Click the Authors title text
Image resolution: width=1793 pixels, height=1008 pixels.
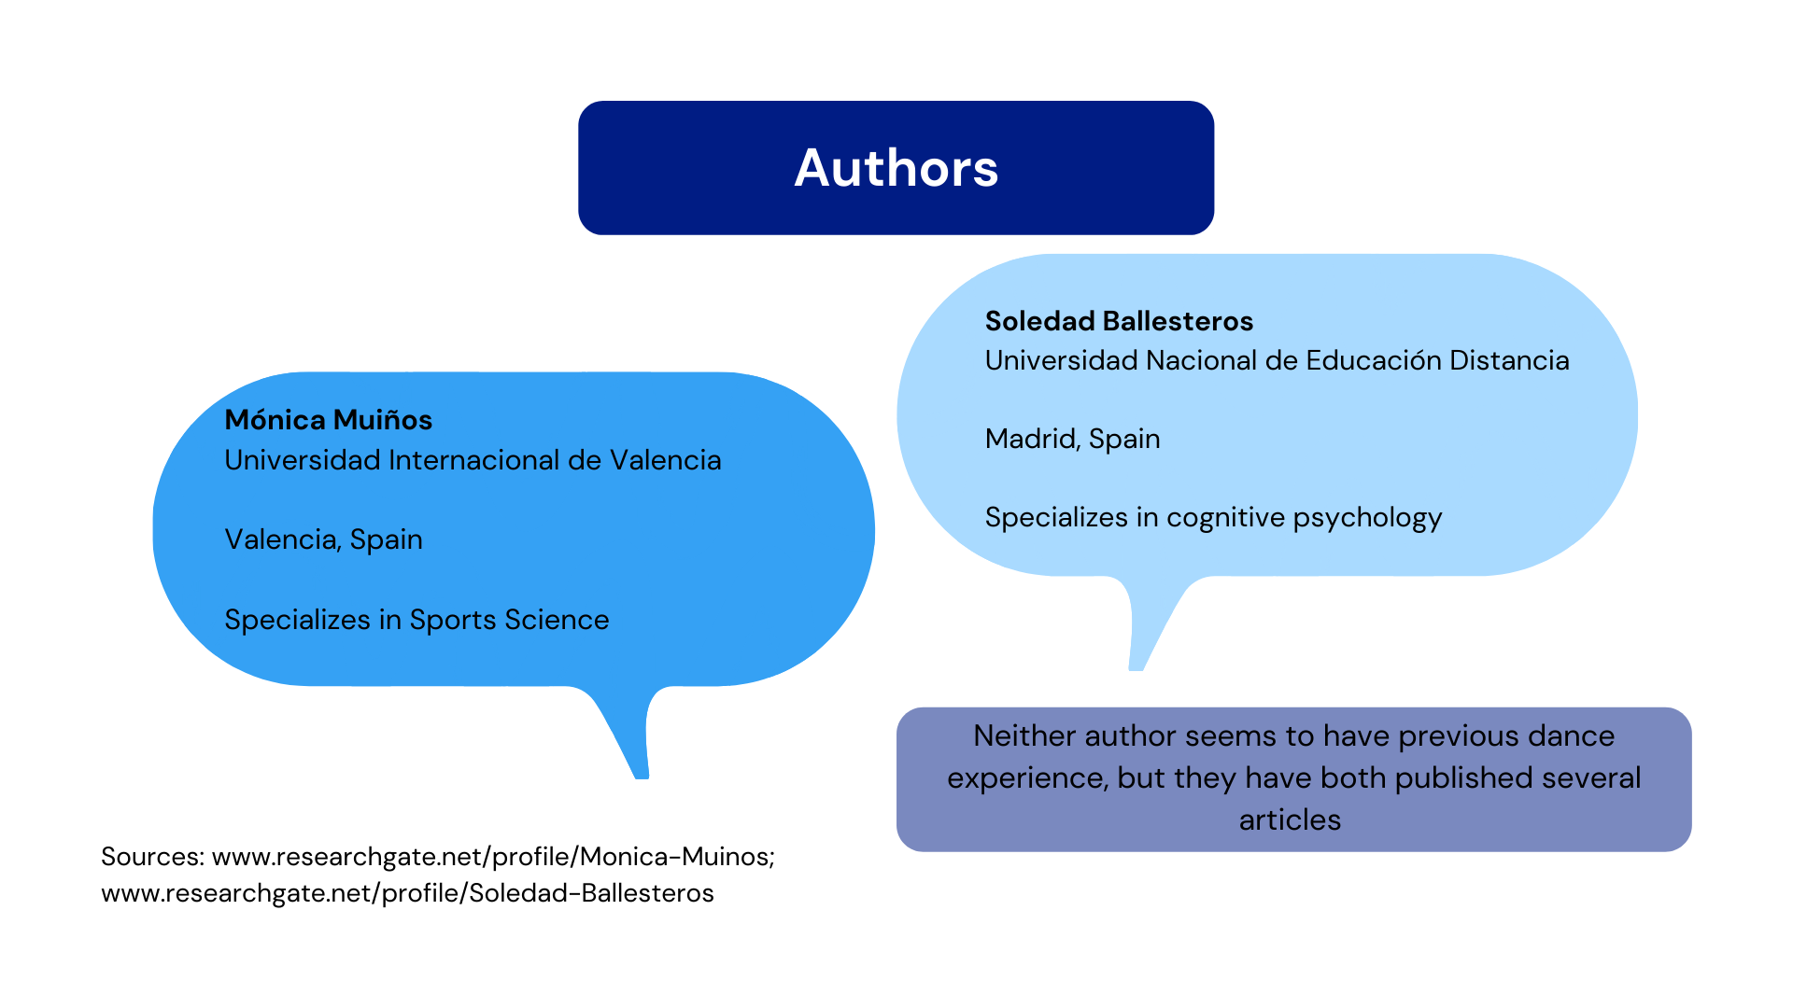pyautogui.click(x=896, y=168)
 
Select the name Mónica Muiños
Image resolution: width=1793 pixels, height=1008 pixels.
pyautogui.click(x=328, y=420)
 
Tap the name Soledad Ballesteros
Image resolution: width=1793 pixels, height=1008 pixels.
pyautogui.click(x=1119, y=321)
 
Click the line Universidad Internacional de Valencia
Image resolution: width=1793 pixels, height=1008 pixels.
pyautogui.click(x=473, y=460)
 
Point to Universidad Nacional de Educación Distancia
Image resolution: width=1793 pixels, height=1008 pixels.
pyautogui.click(x=1277, y=360)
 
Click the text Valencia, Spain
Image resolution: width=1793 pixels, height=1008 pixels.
pyautogui.click(x=323, y=539)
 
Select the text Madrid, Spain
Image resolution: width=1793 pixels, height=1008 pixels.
pyautogui.click(x=1072, y=439)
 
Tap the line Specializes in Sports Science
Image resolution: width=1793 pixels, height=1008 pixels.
pyautogui.click(x=416, y=620)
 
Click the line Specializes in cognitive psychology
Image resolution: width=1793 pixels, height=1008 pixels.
pyautogui.click(x=1213, y=517)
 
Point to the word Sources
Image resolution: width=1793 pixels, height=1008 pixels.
pyautogui.click(x=152, y=857)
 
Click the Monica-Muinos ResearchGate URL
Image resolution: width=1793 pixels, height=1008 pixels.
pyautogui.click(x=493, y=857)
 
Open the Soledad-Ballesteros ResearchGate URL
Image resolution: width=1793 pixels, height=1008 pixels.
pyautogui.click(x=407, y=893)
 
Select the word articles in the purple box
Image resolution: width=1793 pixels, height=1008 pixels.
pyautogui.click(x=1290, y=819)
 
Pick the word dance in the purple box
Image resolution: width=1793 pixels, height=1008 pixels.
pyautogui.click(x=1572, y=736)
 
